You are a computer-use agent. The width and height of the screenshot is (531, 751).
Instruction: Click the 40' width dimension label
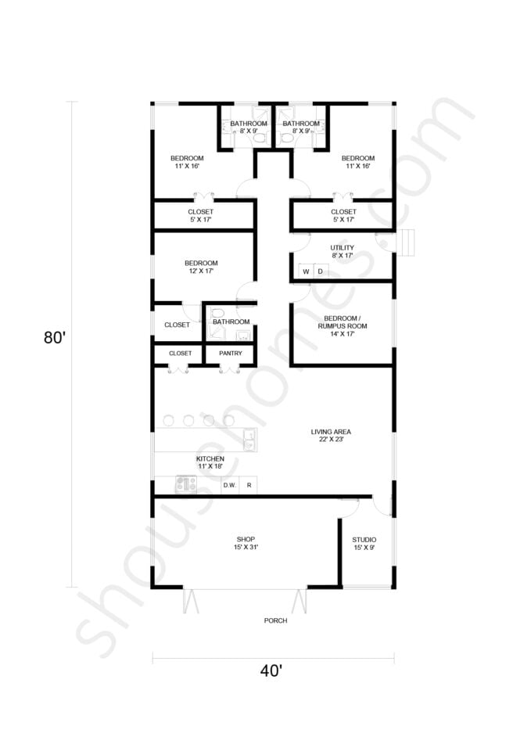271,671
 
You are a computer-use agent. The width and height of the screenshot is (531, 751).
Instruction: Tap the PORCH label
275,620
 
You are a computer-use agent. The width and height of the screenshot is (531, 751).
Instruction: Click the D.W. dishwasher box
230,486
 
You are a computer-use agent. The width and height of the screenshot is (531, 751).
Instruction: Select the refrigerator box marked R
249,486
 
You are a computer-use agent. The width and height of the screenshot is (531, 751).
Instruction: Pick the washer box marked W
306,271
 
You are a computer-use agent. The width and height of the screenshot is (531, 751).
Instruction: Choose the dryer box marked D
320,271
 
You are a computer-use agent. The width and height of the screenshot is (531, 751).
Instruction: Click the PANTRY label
230,354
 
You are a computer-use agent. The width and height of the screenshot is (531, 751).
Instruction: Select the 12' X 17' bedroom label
201,268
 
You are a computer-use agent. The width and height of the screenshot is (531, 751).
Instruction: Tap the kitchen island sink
249,440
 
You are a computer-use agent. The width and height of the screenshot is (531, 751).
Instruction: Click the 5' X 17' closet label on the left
200,216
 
